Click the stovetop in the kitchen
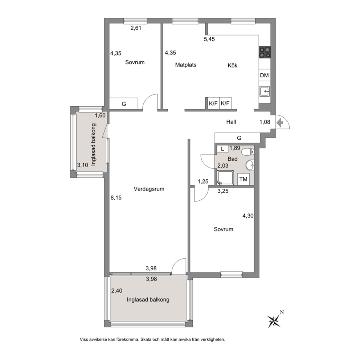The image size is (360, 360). pyautogui.click(x=265, y=52)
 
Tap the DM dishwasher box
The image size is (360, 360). pyautogui.click(x=265, y=75)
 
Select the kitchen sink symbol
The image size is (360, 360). pyautogui.click(x=265, y=91)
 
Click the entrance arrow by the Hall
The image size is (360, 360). pyautogui.click(x=279, y=123)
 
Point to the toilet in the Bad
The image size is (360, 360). pyautogui.click(x=248, y=152)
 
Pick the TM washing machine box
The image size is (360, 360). pyautogui.click(x=244, y=179)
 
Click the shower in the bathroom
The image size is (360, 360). pyautogui.click(x=225, y=178)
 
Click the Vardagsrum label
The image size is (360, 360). pyautogui.click(x=149, y=189)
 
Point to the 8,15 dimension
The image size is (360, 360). pyautogui.click(x=116, y=197)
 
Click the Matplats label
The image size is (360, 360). pyautogui.click(x=186, y=65)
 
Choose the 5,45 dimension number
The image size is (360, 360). pyautogui.click(x=209, y=39)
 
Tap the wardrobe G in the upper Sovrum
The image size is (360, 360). pyautogui.click(x=123, y=103)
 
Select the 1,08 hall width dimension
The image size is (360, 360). pyautogui.click(x=265, y=122)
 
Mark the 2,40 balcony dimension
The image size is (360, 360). pyautogui.click(x=116, y=291)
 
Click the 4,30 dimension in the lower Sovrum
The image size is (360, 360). pyautogui.click(x=248, y=216)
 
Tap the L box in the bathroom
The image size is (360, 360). pyautogui.click(x=222, y=149)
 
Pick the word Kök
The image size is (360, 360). pyautogui.click(x=233, y=65)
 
